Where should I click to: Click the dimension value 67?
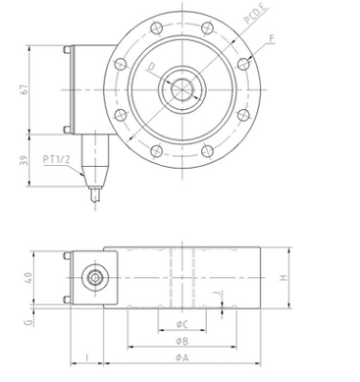click(24, 89)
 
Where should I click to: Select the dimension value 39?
click(24, 160)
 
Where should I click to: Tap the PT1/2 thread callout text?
click(56, 159)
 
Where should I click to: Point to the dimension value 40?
click(28, 278)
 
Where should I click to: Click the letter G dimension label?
click(28, 323)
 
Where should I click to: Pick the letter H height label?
click(283, 278)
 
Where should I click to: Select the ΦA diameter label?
click(182, 357)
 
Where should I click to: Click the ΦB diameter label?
click(182, 341)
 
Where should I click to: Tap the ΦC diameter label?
click(181, 324)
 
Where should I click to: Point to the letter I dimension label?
click(86, 357)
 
